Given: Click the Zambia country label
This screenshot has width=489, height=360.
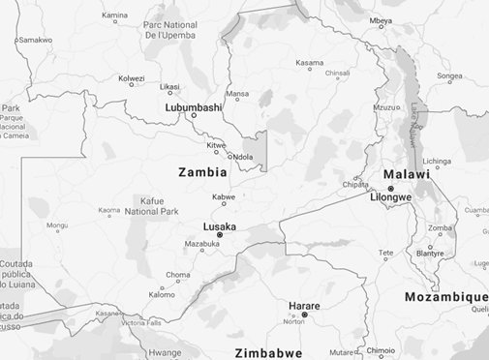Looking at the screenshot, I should tap(202, 172).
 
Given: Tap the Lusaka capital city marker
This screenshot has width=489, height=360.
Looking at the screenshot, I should tap(220, 235).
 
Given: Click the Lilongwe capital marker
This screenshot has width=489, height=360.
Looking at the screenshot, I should tap(390, 189).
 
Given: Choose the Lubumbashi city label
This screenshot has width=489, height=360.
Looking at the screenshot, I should tap(195, 107).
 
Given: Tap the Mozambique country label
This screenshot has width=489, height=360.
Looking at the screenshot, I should tap(446, 296).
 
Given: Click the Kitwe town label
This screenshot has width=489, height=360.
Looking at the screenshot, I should tap(217, 146).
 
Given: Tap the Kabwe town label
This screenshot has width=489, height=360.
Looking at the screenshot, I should tap(224, 196).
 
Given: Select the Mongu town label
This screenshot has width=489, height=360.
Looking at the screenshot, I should tap(57, 225).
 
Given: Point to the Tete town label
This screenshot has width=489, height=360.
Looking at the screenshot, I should tap(385, 253).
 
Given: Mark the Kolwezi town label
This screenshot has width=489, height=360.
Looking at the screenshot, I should tap(132, 78).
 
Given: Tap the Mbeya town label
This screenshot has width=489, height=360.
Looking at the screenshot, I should tap(381, 19).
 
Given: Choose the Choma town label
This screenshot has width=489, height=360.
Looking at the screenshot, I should tap(178, 275).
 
